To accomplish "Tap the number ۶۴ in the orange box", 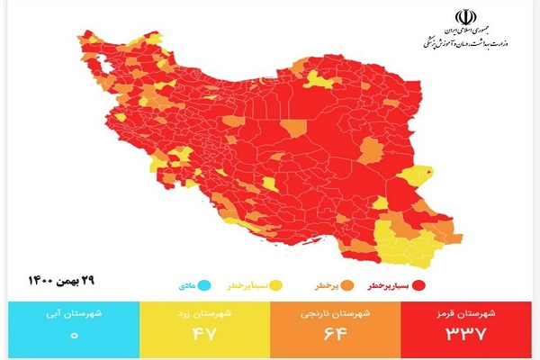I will [336, 335].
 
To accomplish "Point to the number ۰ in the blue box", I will [74, 335].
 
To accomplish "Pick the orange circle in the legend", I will [337, 285].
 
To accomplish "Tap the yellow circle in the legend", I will [274, 285].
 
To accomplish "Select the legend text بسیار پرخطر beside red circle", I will [388, 286].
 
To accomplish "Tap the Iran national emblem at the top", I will [467, 18].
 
